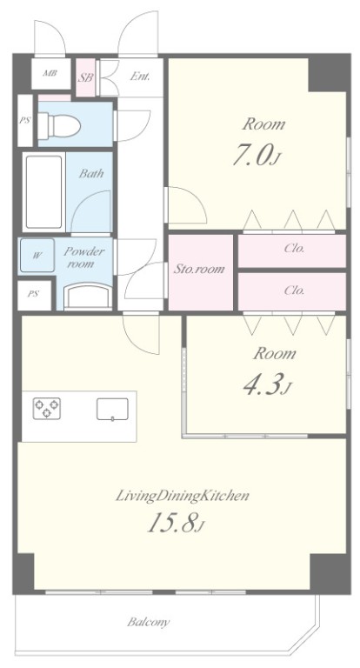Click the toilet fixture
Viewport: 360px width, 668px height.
tap(59, 125)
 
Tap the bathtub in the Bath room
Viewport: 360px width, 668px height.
tap(43, 191)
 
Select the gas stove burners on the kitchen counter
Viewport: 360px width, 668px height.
tap(46, 408)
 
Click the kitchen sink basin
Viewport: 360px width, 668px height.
tap(112, 410)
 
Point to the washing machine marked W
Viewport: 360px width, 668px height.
tap(37, 255)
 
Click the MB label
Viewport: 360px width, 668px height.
tap(50, 73)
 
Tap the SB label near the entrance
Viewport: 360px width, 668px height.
tap(85, 78)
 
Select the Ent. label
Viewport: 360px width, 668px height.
tap(140, 77)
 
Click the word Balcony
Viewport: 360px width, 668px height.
tap(149, 622)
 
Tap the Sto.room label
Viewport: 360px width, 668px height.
tap(199, 269)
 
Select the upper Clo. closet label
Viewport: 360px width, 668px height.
tap(295, 249)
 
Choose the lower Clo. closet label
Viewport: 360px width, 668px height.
tap(295, 291)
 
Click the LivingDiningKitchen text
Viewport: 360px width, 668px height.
tap(183, 496)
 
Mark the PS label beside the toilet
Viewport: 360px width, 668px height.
tap(24, 120)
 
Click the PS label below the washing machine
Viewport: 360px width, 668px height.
tap(33, 293)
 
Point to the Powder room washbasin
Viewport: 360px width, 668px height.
tap(88, 296)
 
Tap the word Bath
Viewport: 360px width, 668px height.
tap(91, 173)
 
